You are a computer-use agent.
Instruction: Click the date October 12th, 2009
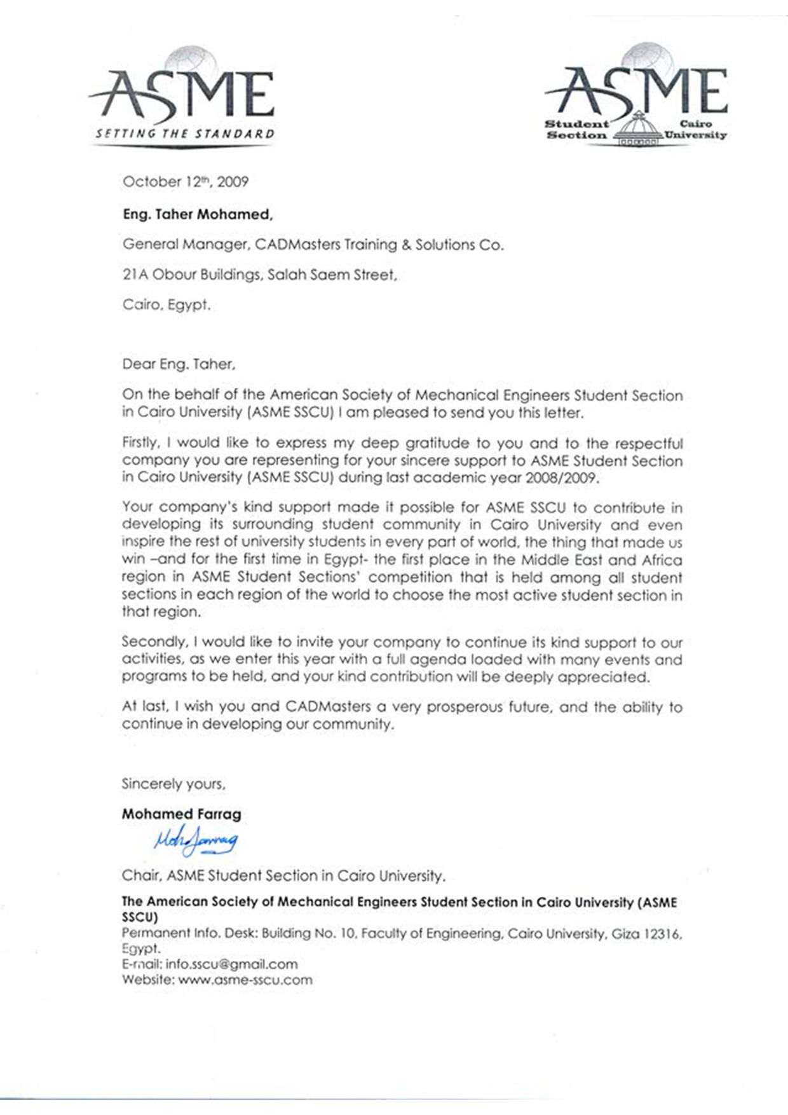tap(185, 182)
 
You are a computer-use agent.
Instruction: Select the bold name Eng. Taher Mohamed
tap(198, 215)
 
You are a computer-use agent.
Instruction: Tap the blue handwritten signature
tap(196, 841)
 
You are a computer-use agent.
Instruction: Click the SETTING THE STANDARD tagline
tap(185, 134)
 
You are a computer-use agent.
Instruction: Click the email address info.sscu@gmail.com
tap(231, 964)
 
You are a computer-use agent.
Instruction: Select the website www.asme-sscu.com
tap(245, 980)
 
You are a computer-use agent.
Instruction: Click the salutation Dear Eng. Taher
tap(179, 364)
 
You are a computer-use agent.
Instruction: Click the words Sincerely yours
tap(173, 784)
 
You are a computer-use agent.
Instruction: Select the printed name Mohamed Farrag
tap(181, 814)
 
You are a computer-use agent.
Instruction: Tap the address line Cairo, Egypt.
tap(166, 305)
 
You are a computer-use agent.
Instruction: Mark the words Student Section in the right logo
tap(576, 129)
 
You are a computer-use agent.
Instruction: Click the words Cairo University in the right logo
tap(695, 129)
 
